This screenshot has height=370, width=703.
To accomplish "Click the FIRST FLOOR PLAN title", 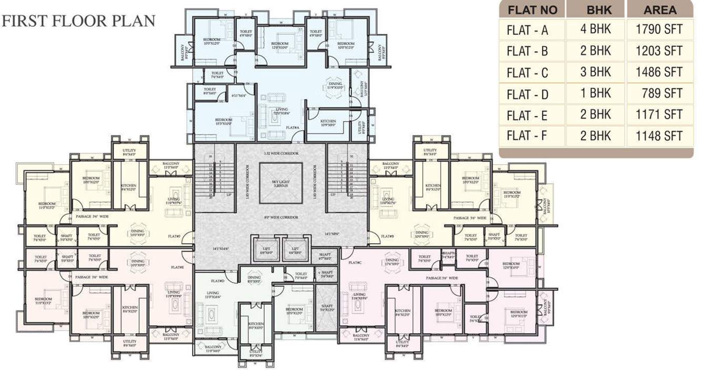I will point(79,21).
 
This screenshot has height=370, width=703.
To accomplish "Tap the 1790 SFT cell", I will point(659,29).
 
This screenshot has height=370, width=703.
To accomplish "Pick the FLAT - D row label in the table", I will point(527,94).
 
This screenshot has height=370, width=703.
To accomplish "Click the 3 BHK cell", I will point(596,72).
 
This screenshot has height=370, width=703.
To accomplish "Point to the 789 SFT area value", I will point(661,93).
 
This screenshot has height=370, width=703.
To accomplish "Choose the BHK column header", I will point(596,9).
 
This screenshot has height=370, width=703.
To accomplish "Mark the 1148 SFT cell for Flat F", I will point(659,136).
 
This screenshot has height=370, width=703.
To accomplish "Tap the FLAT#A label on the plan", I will point(292,127).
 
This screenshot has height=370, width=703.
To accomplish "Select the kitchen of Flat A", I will point(328,123).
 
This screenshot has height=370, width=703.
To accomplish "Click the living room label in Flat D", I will point(213,295).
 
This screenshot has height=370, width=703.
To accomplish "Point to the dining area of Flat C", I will point(392,262).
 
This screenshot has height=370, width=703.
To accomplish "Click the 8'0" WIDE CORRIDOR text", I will point(281,217).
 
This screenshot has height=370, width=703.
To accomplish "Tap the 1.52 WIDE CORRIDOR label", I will point(281,153).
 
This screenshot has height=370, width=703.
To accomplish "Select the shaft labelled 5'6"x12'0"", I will point(327,307).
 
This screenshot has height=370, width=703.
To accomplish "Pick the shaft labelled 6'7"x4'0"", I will point(325,256).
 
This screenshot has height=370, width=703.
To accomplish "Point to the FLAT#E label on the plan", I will point(177,267).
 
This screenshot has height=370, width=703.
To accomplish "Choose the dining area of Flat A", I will point(335,86).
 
